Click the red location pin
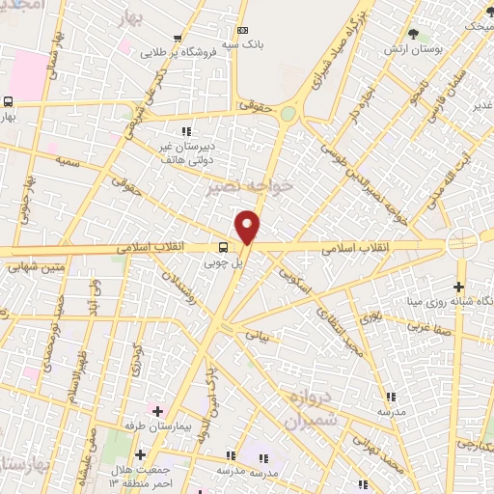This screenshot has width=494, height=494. coord(248,227)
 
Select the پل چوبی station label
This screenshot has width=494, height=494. coord(222,261)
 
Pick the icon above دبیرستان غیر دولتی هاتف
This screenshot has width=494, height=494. coord(186,131)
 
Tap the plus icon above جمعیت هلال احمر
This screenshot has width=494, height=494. coord(140,453)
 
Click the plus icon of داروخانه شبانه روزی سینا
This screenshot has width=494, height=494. coord(459,286)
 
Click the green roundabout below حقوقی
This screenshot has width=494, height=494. coord(288,114)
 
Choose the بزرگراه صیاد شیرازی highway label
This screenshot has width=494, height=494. coord(324,44)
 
